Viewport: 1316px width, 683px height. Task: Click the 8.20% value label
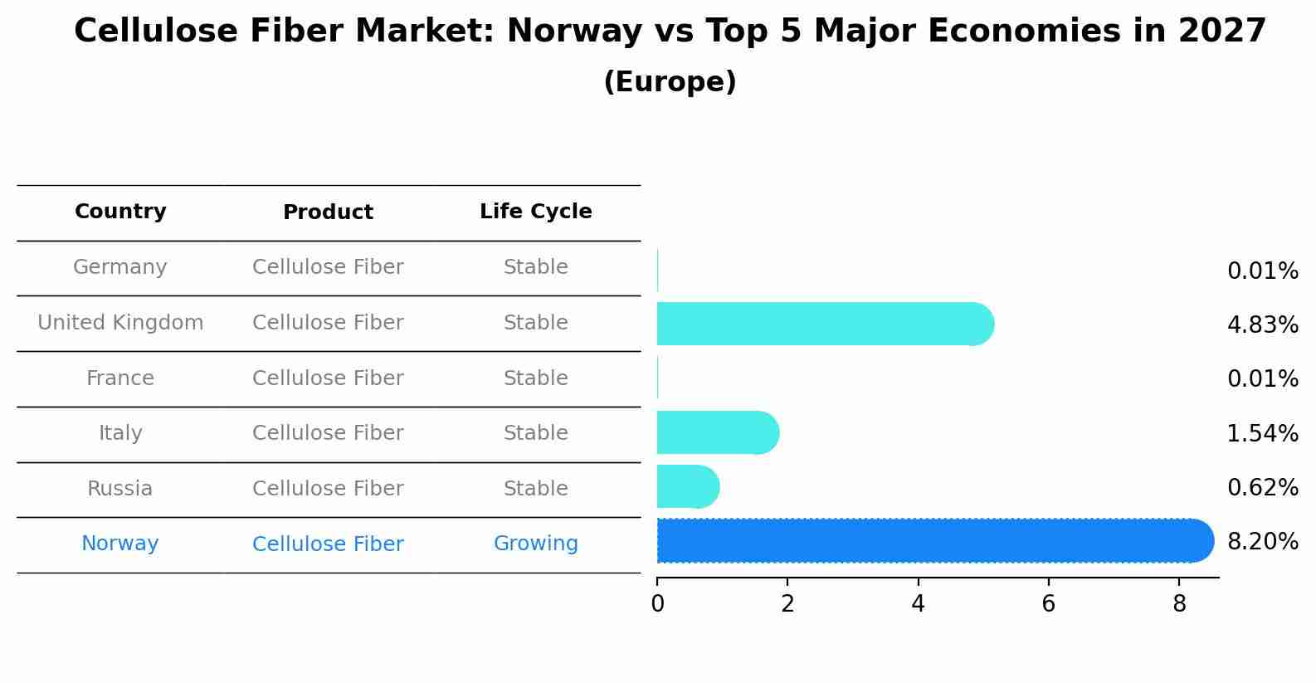(x=1262, y=542)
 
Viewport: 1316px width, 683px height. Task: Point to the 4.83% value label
(x=1262, y=324)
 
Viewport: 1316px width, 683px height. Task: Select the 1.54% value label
(x=1262, y=433)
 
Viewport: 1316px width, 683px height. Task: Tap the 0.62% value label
(x=1262, y=487)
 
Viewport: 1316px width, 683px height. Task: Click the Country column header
(x=120, y=212)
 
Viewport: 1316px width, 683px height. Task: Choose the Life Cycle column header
(x=535, y=212)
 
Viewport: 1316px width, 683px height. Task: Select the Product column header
(x=328, y=212)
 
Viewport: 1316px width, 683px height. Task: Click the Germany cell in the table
(x=120, y=267)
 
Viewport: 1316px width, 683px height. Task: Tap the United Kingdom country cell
(x=120, y=323)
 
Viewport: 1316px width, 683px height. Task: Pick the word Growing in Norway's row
(x=535, y=544)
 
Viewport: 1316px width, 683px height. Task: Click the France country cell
(x=120, y=378)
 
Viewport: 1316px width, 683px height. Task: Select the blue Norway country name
(x=120, y=544)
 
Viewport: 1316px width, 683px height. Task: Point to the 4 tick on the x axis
(x=918, y=604)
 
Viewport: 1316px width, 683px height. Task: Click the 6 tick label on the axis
(x=1048, y=604)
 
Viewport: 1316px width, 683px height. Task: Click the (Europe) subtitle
(x=670, y=82)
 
